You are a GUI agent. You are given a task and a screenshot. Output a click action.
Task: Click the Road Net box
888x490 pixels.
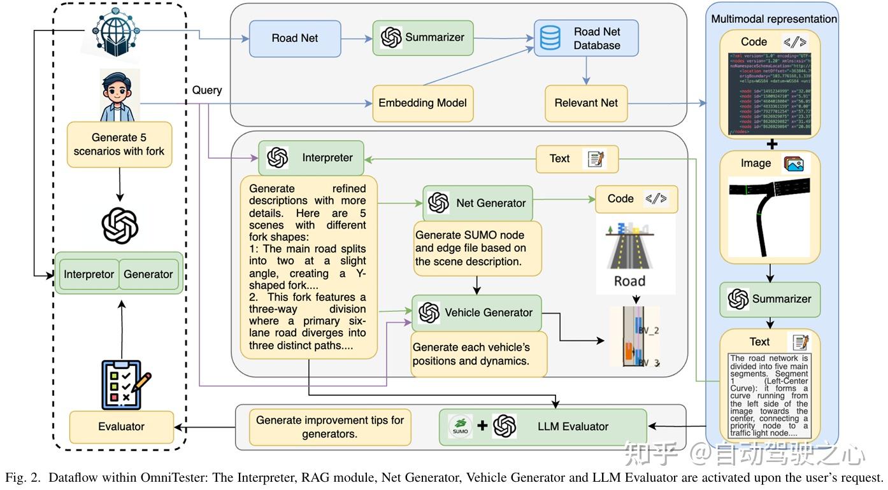point(294,38)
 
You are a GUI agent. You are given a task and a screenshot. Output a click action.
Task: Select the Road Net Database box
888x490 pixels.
point(585,38)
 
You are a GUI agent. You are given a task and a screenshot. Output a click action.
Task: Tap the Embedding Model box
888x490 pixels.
point(422,102)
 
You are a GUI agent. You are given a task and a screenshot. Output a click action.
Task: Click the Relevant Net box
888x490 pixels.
point(585,102)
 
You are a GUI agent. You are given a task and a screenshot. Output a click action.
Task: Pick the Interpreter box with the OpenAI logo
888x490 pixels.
point(311,158)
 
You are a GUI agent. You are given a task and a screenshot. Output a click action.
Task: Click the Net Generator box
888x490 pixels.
point(477,203)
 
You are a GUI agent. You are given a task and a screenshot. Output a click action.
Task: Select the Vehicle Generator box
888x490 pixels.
point(476,312)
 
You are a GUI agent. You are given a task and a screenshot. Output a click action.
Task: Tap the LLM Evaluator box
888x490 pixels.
point(543,426)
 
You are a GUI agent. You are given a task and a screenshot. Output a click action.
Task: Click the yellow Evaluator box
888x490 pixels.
point(121,427)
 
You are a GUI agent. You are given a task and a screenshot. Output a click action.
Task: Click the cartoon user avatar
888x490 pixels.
point(119,95)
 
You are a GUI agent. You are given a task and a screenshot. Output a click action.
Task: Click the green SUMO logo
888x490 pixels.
point(461,426)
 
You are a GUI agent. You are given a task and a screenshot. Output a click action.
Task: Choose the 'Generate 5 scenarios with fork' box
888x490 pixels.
point(119,144)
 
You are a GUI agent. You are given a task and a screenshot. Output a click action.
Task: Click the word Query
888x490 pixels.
point(207,90)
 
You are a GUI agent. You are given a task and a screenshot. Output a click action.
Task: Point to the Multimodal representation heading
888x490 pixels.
point(773,19)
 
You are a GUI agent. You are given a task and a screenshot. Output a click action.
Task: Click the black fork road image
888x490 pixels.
point(769,216)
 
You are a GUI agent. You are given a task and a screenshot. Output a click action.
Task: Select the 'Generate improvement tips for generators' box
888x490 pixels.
point(330,427)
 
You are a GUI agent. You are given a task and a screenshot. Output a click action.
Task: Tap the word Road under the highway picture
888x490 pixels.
point(629,281)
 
